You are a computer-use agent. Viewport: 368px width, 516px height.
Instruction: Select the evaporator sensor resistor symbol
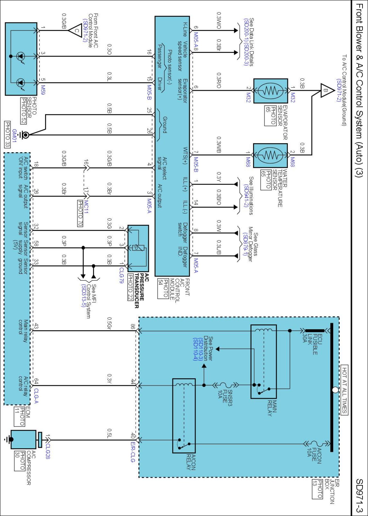[x=271, y=91]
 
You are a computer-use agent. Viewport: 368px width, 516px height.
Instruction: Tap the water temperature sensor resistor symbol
[x=270, y=155]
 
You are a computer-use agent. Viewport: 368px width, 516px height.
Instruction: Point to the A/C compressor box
[x=23, y=439]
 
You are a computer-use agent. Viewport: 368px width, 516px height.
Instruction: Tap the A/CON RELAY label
[x=191, y=462]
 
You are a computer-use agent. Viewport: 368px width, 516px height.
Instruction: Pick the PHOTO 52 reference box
[x=23, y=111]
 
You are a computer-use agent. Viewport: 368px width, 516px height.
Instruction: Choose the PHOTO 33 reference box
[x=7, y=134]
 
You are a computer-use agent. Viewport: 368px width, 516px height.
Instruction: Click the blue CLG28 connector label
[x=48, y=451]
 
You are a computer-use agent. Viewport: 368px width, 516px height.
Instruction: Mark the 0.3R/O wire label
[x=219, y=80]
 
